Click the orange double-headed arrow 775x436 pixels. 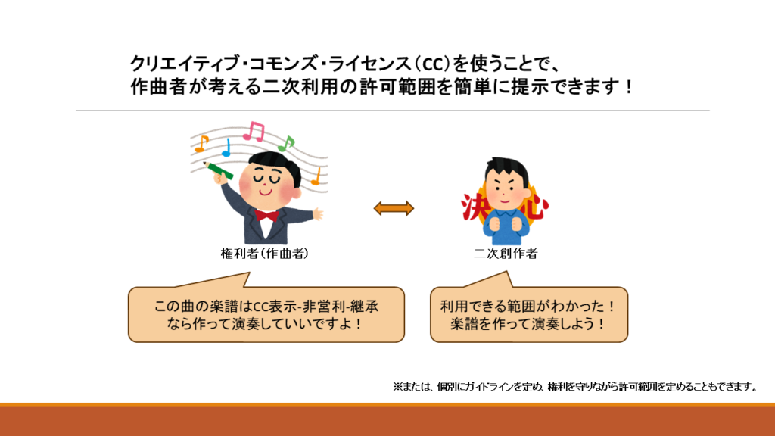[394, 209]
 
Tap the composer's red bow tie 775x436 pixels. [266, 216]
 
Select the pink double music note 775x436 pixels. [254, 131]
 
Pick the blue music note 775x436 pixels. [226, 148]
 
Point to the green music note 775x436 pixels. [286, 143]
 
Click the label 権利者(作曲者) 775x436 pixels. [264, 254]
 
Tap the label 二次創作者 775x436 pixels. [506, 254]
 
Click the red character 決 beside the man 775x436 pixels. [472, 207]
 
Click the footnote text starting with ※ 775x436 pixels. [575, 387]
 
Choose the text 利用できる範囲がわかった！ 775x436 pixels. [528, 307]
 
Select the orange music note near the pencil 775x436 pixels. [201, 144]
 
